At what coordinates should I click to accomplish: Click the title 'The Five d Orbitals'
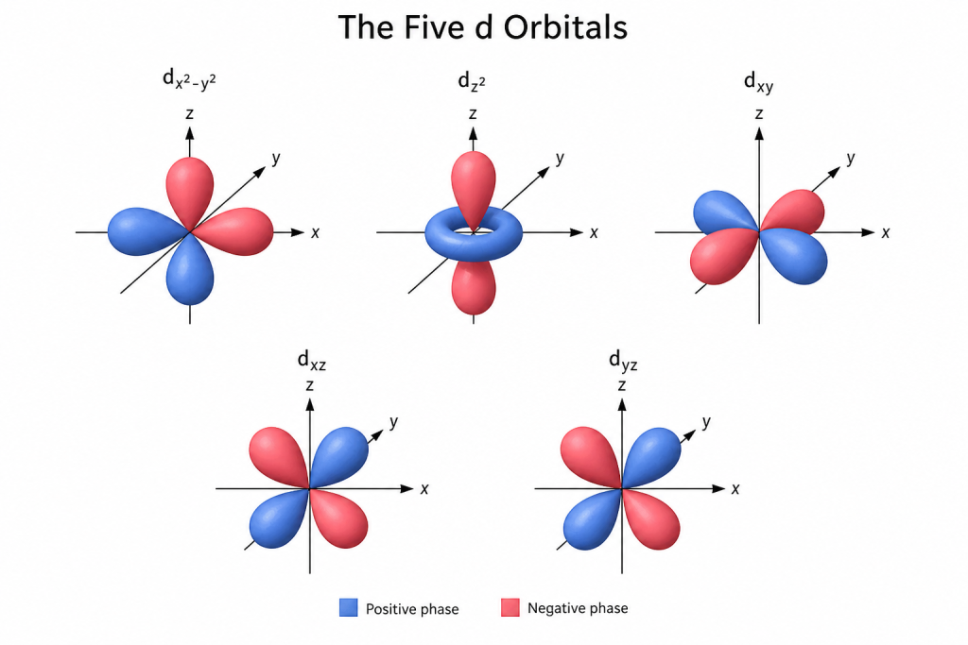(483, 27)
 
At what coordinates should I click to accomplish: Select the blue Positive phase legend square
(348, 607)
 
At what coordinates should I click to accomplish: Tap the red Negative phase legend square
(510, 607)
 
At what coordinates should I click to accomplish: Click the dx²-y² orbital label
(189, 79)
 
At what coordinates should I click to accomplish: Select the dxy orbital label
(759, 82)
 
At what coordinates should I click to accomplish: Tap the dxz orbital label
(312, 360)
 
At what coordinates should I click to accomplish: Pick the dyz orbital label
(623, 360)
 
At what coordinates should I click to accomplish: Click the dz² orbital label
(472, 81)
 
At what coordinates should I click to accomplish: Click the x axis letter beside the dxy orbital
(886, 232)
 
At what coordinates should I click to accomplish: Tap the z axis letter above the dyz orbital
(622, 386)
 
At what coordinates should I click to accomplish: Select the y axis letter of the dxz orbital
(394, 422)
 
